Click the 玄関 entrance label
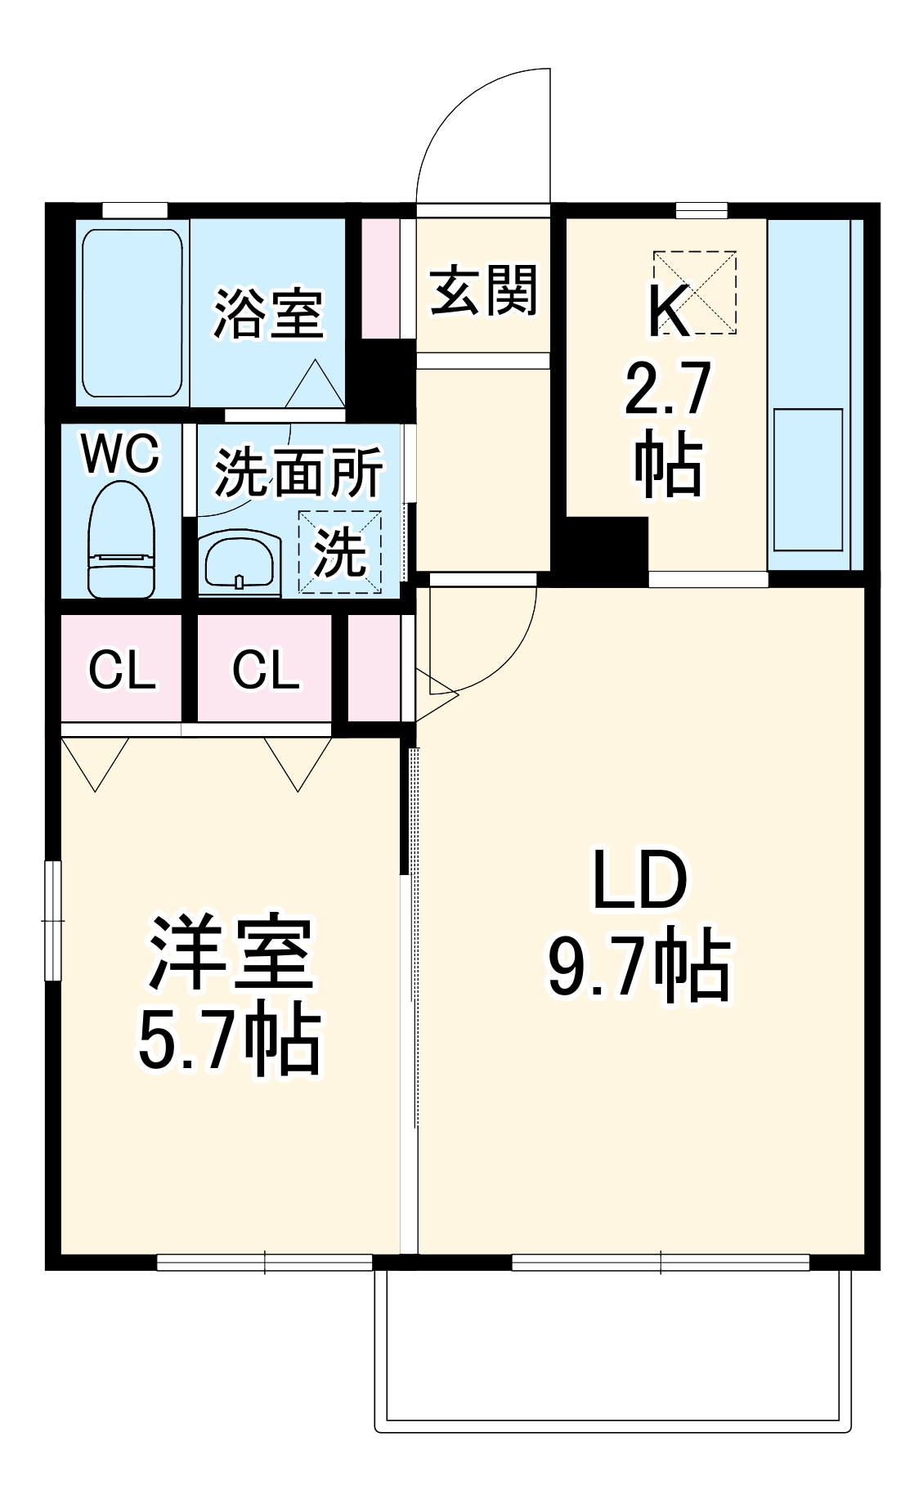pos(483,291)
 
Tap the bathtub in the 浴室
pos(132,312)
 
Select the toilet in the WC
pos(121,540)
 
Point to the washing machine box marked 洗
pos(340,552)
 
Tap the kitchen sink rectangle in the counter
pos(808,479)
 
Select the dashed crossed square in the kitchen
pos(695,293)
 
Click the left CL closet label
pos(121,671)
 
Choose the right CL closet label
pos(265,671)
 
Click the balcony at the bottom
pos(613,1349)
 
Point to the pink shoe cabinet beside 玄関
pos(380,278)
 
